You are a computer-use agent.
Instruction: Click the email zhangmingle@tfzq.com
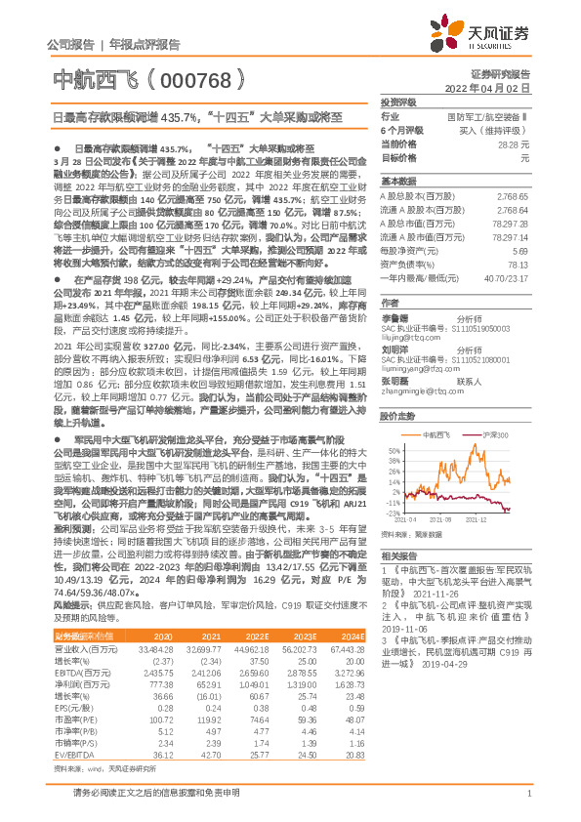(x=421, y=367)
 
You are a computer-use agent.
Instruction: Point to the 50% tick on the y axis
(x=391, y=424)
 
